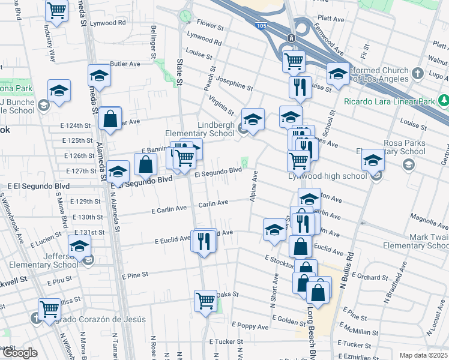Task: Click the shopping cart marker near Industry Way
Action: tap(56, 11)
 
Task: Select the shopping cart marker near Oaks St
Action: tap(205, 299)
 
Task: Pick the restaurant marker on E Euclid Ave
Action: tap(205, 241)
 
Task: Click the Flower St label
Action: tap(210, 27)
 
